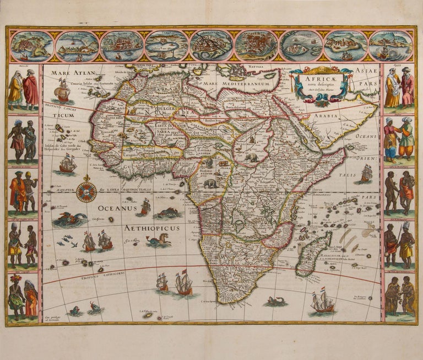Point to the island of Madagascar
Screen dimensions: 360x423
313,254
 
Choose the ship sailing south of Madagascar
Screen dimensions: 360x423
323,303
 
